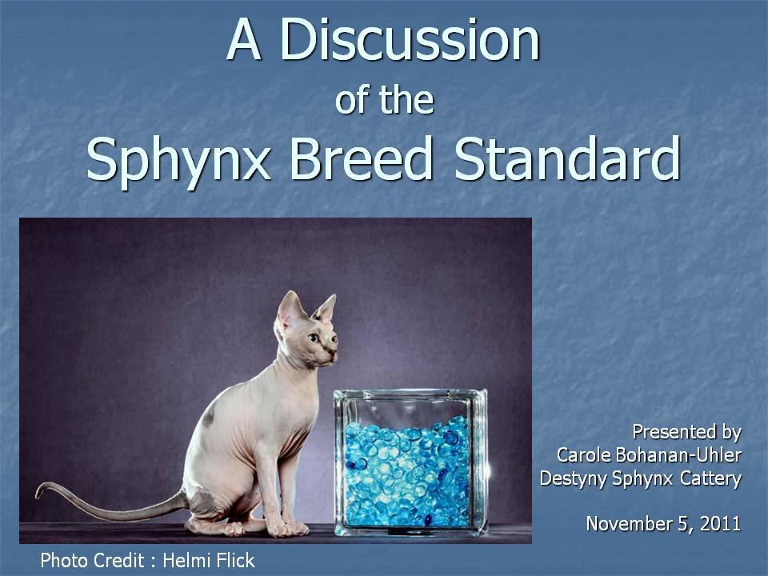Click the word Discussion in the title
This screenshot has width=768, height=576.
410,39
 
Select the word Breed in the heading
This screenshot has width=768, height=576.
362,158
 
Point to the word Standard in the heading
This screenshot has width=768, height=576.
567,158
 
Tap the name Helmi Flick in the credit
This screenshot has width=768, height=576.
209,560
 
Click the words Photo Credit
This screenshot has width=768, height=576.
92,560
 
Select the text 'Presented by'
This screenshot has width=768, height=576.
686,433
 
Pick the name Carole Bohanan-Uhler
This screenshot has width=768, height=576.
649,455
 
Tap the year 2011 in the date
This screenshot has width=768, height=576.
721,523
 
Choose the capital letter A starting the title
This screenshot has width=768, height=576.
243,40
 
